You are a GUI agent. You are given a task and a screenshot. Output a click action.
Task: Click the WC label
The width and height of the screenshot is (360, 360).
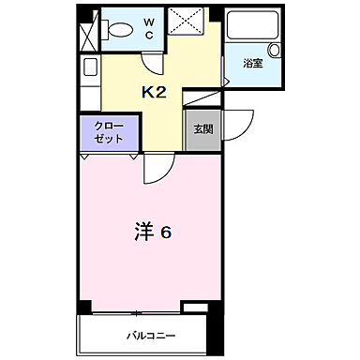(x=149, y=28)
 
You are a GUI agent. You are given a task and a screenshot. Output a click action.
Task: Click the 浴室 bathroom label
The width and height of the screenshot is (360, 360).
(x=252, y=65)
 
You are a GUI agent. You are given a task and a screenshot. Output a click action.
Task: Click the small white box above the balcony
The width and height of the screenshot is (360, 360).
(x=196, y=307)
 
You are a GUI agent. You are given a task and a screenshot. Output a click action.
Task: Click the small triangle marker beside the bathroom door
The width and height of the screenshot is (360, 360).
(x=227, y=82)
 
